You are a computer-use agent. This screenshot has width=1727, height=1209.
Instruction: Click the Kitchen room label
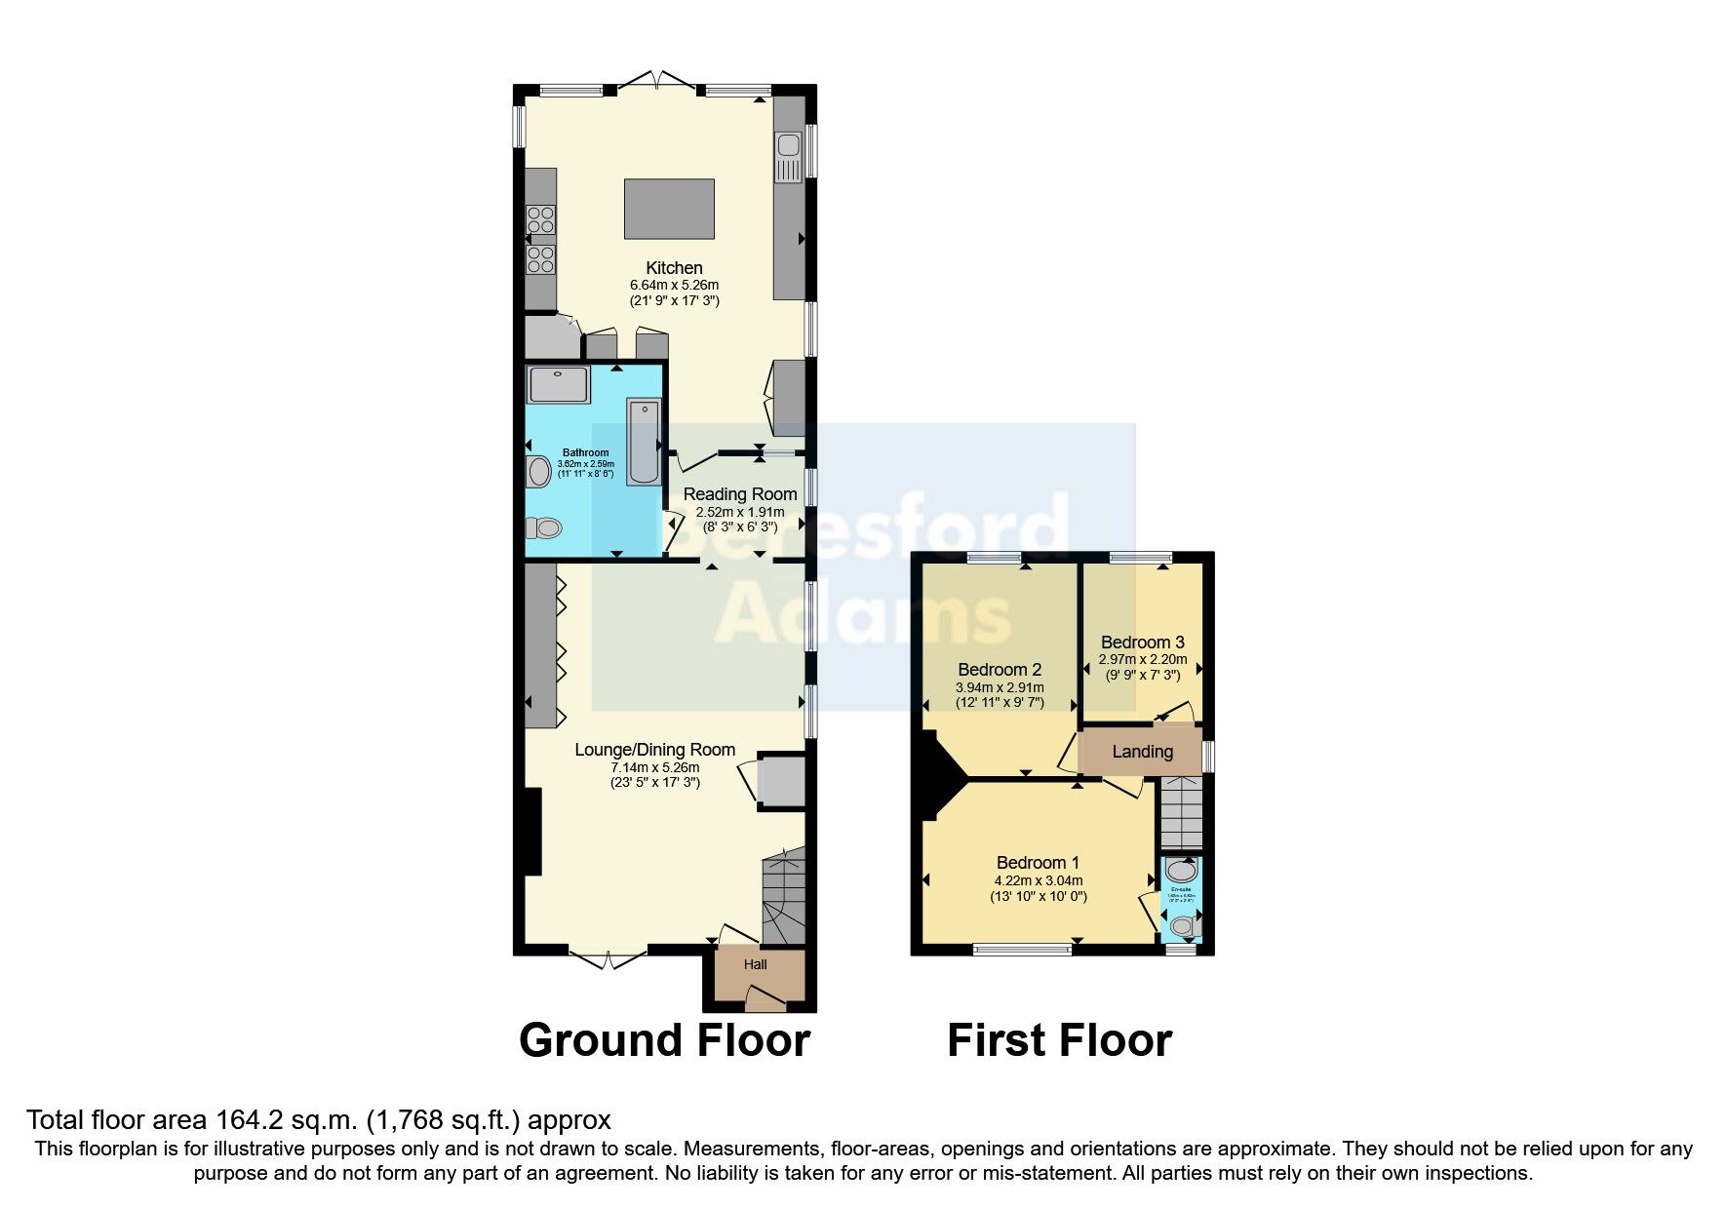(x=674, y=268)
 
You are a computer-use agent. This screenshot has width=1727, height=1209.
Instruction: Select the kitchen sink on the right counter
(x=787, y=157)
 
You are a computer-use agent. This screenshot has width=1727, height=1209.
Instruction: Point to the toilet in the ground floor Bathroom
(x=544, y=527)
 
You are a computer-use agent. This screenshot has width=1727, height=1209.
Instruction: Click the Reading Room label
(x=740, y=494)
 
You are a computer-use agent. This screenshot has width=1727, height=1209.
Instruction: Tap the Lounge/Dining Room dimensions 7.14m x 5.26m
(x=654, y=767)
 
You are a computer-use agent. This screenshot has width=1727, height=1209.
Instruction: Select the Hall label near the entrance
(x=756, y=964)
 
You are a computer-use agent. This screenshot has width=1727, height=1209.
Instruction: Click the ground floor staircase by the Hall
(x=783, y=897)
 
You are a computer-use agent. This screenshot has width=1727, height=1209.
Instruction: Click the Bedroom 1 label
(x=1038, y=863)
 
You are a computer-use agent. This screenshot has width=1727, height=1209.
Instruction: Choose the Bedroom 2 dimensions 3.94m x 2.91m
(x=1000, y=687)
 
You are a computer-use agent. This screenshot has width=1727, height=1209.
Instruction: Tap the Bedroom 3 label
(x=1142, y=643)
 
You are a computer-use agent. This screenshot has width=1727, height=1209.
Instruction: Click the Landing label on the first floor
(x=1142, y=752)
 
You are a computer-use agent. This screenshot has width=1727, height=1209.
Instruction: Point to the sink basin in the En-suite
(x=1181, y=870)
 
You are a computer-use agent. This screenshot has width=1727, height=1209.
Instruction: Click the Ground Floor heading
(x=664, y=1040)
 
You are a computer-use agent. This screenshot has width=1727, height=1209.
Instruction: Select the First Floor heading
(x=1059, y=1040)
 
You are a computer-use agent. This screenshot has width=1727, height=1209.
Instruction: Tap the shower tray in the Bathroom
(x=558, y=384)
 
